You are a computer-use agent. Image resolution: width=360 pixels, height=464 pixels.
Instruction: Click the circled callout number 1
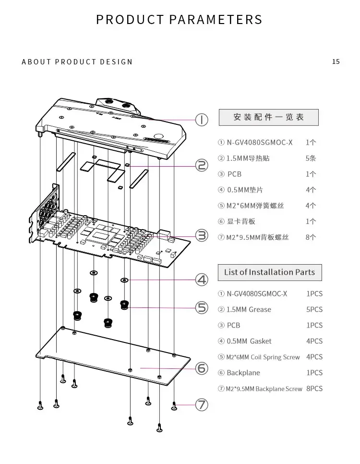[x=202, y=120]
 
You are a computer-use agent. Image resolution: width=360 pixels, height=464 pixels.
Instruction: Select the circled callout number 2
[x=202, y=166]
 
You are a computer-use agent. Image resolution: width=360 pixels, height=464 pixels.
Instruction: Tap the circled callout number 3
[x=202, y=235]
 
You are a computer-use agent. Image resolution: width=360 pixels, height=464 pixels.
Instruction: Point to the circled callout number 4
[x=202, y=280]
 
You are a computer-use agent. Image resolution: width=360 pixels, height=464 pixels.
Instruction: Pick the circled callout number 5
[x=202, y=307]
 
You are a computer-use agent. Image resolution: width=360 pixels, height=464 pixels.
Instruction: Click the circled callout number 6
[x=202, y=368]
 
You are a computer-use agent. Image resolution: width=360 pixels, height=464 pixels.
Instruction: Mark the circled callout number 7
[x=202, y=405]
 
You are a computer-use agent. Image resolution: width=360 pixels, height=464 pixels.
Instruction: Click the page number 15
[x=336, y=61]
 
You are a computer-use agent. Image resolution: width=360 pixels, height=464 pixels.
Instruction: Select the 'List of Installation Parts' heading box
[x=269, y=272]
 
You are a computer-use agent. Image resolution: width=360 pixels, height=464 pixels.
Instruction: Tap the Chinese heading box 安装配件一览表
[x=269, y=117]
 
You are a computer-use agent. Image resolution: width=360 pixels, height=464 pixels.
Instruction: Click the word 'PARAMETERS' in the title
[x=216, y=20]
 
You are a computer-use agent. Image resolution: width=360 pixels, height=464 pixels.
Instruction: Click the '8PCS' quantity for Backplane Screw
[x=314, y=389]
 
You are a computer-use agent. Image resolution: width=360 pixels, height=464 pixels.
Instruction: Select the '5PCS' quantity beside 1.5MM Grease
[x=314, y=309]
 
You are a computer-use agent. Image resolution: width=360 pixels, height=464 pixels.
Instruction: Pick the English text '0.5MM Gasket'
[x=249, y=341]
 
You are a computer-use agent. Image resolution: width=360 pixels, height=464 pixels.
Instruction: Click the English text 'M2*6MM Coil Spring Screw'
[x=263, y=357]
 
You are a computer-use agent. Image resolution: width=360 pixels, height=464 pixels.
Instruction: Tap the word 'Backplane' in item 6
[x=243, y=373]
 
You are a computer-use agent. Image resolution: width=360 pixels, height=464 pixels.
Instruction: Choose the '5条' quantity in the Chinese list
[x=311, y=158]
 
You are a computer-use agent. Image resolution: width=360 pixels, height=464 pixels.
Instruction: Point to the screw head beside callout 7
[x=175, y=406]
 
